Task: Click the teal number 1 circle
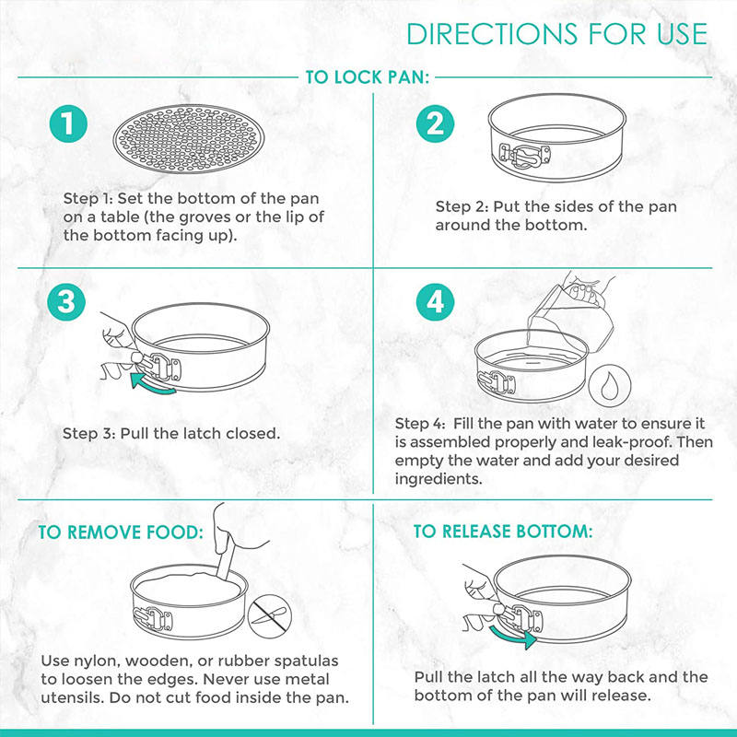tap(68, 123)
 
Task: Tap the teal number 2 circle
tap(435, 123)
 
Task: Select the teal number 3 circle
tap(66, 302)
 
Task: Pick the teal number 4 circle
tap(435, 302)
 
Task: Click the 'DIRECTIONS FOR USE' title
tap(557, 34)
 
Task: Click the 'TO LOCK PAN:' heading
tap(368, 77)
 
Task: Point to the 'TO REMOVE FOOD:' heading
tap(121, 532)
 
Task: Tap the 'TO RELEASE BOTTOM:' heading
tap(503, 532)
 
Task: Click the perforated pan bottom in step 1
tap(189, 139)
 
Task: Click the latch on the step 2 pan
tap(524, 156)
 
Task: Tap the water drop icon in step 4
tap(610, 385)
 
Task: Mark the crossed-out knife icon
tap(270, 616)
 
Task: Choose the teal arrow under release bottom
tap(512, 636)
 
